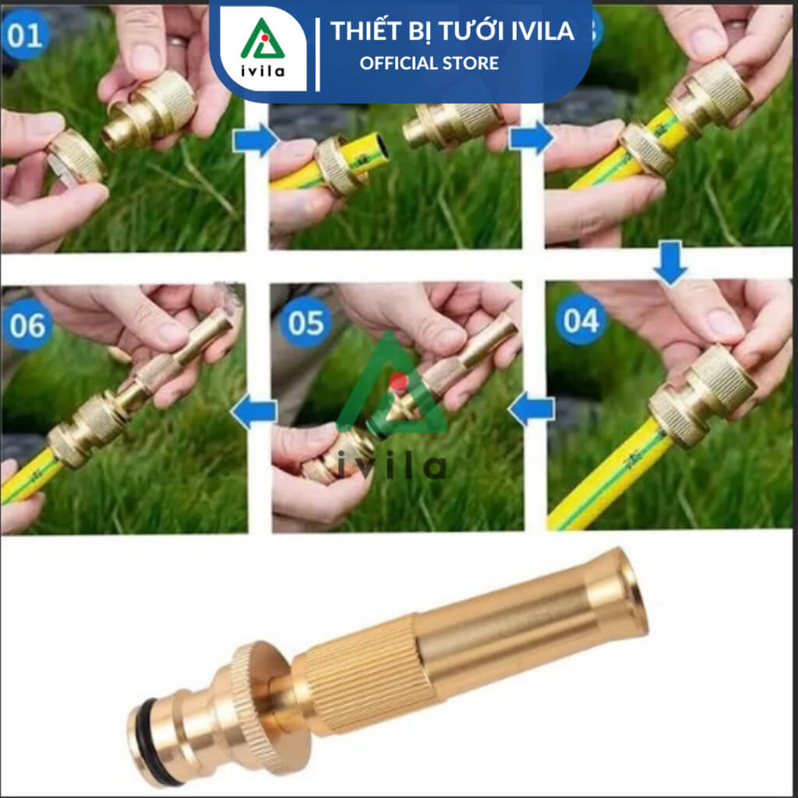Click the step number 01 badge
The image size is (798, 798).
tap(24, 34)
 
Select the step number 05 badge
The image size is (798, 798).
tap(305, 323)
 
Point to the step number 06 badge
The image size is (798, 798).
tap(27, 325)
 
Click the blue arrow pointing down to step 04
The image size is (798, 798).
tap(670, 262)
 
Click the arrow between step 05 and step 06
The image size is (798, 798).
tap(255, 411)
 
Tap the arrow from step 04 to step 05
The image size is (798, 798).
tap(531, 408)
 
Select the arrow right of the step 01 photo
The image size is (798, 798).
tap(256, 139)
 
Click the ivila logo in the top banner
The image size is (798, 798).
tap(263, 48)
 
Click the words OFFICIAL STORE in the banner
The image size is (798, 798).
tap(429, 64)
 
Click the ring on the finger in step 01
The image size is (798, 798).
tap(178, 41)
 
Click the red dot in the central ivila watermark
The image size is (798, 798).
tap(398, 381)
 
